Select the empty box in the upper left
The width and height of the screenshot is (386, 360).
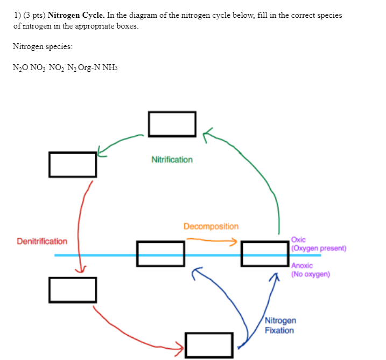[73, 164]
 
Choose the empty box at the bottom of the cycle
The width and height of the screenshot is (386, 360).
[209, 345]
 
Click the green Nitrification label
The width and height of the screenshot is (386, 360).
[172, 160]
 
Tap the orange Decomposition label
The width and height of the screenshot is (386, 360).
[211, 226]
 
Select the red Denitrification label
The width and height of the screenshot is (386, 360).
[42, 241]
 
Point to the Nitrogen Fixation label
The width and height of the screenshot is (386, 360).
[279, 326]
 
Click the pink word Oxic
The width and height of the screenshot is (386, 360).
[298, 240]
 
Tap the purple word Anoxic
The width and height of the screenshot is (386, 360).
[301, 266]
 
